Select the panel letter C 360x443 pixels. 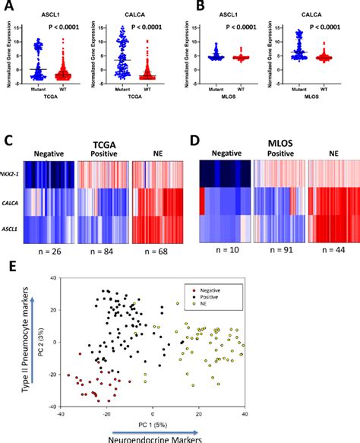[10, 142]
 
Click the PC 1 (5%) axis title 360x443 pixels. [135, 422]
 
